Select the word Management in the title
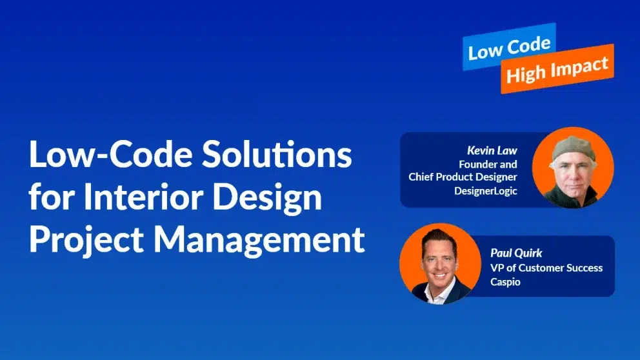[259, 239]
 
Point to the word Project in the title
[86, 240]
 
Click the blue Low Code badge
[510, 46]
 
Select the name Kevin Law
[492, 150]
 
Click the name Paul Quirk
[516, 253]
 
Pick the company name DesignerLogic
[486, 190]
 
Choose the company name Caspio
[505, 282]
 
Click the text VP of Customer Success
[546, 268]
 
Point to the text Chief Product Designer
[463, 177]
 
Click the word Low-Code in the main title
[110, 154]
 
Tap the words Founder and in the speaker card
[488, 164]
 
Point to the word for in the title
[52, 196]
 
